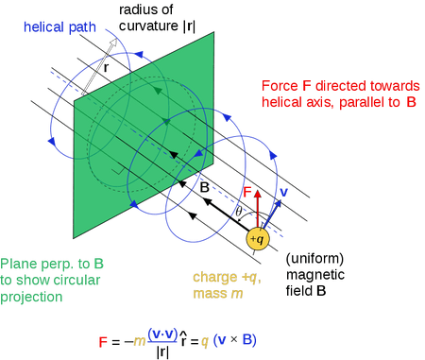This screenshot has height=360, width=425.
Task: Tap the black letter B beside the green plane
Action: click(x=203, y=187)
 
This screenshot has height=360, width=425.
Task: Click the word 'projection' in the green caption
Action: click(x=31, y=297)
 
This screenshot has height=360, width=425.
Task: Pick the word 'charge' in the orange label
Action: click(x=213, y=278)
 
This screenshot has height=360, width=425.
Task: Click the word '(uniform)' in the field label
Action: click(x=313, y=259)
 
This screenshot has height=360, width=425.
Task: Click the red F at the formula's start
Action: click(x=103, y=339)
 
